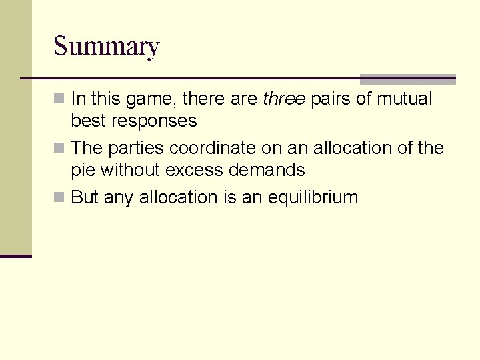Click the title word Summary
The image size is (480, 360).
(106, 47)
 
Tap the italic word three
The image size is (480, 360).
(284, 99)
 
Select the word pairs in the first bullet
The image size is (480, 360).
(331, 99)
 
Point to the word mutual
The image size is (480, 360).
(405, 99)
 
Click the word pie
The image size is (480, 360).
(83, 170)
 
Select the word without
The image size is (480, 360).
(129, 170)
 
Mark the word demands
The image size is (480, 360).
(267, 170)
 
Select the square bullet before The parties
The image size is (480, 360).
(59, 148)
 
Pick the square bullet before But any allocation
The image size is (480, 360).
(59, 197)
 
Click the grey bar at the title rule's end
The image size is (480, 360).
(407, 79)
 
